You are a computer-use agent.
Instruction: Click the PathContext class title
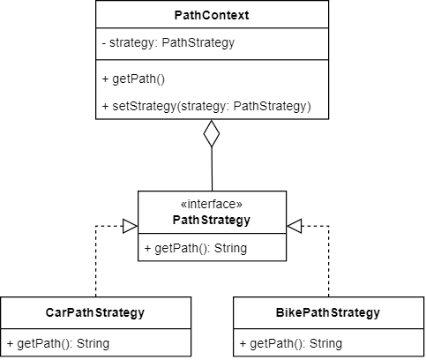[x=212, y=15]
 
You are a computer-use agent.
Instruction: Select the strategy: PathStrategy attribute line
[x=168, y=43]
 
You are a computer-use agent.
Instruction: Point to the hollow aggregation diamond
[x=212, y=133]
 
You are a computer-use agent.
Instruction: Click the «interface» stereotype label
[x=212, y=204]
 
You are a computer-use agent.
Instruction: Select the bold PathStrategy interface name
[x=212, y=220]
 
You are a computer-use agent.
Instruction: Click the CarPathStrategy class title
[x=95, y=312]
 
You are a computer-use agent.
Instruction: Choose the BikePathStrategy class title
[x=328, y=312]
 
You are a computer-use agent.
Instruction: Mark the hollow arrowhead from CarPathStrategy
[x=130, y=226]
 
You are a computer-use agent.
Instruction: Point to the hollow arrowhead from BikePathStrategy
[x=295, y=226]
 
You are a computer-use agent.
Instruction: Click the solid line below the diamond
[x=212, y=169]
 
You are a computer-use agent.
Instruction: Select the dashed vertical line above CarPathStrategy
[x=96, y=261]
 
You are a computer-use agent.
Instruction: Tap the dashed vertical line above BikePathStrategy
[x=329, y=261]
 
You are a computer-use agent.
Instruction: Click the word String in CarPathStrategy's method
[x=93, y=343]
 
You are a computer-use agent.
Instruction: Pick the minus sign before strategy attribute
[x=104, y=43]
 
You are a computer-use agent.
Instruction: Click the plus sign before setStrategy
[x=105, y=106]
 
